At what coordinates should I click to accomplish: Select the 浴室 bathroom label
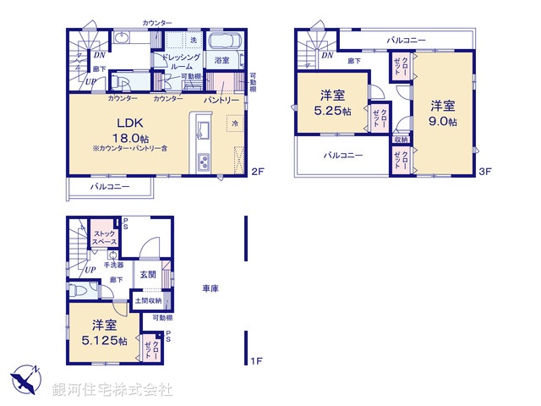[x=222, y=61]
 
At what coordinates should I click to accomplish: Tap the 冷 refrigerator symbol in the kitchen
[x=233, y=123]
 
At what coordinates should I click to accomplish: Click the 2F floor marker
[x=258, y=172]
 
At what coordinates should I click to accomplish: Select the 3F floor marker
[x=484, y=172]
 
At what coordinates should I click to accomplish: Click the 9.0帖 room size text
[x=442, y=121]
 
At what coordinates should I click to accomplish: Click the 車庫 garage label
[x=210, y=288]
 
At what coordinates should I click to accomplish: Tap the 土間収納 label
[x=150, y=300]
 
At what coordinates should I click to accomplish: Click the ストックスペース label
[x=104, y=238]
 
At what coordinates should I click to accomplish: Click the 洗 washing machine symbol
[x=194, y=41]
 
